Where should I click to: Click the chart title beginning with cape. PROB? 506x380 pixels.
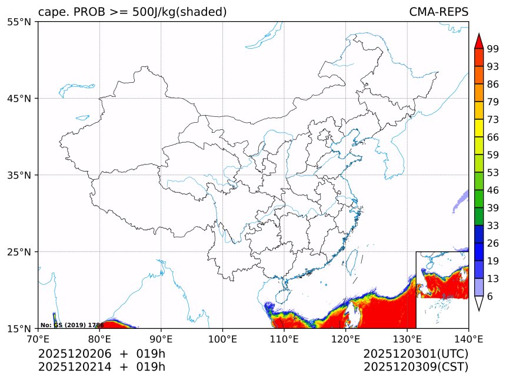(x=132, y=12)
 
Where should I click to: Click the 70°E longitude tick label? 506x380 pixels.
(x=38, y=338)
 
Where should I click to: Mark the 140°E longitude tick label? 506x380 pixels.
(x=468, y=338)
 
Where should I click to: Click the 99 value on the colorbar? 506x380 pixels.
(x=493, y=49)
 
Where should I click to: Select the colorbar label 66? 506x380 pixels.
(x=493, y=137)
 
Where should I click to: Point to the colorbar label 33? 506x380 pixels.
(x=493, y=226)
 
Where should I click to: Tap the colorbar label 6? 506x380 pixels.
(x=490, y=297)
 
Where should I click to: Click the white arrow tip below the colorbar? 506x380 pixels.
(x=479, y=304)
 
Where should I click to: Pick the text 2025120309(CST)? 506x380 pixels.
(x=415, y=367)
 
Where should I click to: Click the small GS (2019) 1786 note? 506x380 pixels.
(x=72, y=325)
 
